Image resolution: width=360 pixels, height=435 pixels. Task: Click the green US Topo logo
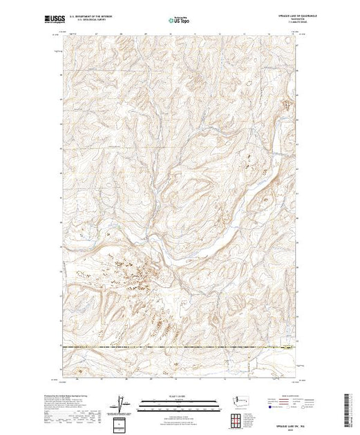[180, 21]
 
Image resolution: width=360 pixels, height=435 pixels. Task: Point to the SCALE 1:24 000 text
[179, 395]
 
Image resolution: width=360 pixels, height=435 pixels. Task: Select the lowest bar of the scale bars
[179, 409]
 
